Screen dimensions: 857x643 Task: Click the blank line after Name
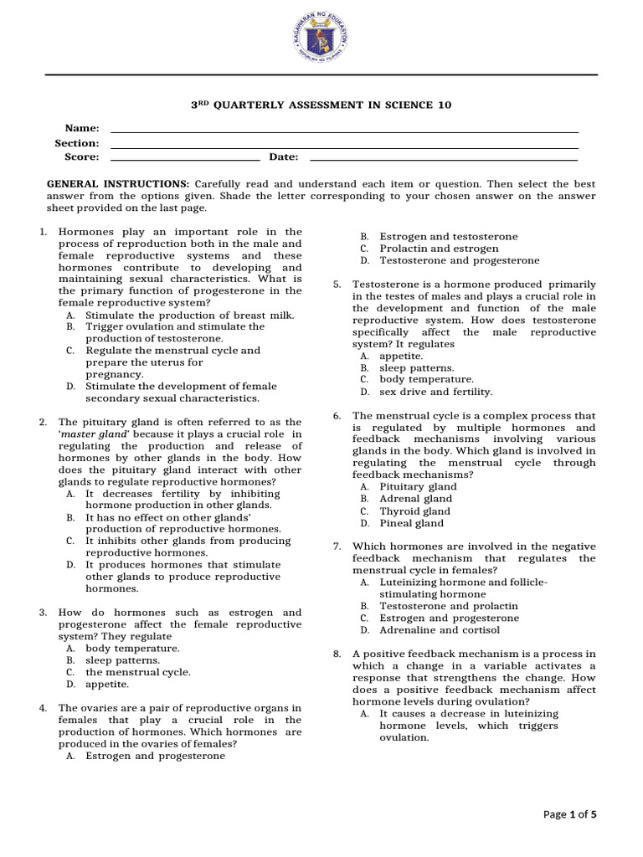[344, 131]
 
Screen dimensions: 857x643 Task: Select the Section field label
[77, 143]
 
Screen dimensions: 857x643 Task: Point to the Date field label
[283, 157]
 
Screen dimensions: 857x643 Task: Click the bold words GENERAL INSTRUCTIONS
[118, 182]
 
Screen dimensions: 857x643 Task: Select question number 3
[43, 613]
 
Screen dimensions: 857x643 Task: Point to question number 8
[337, 654]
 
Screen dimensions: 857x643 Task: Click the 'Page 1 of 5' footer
[569, 814]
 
